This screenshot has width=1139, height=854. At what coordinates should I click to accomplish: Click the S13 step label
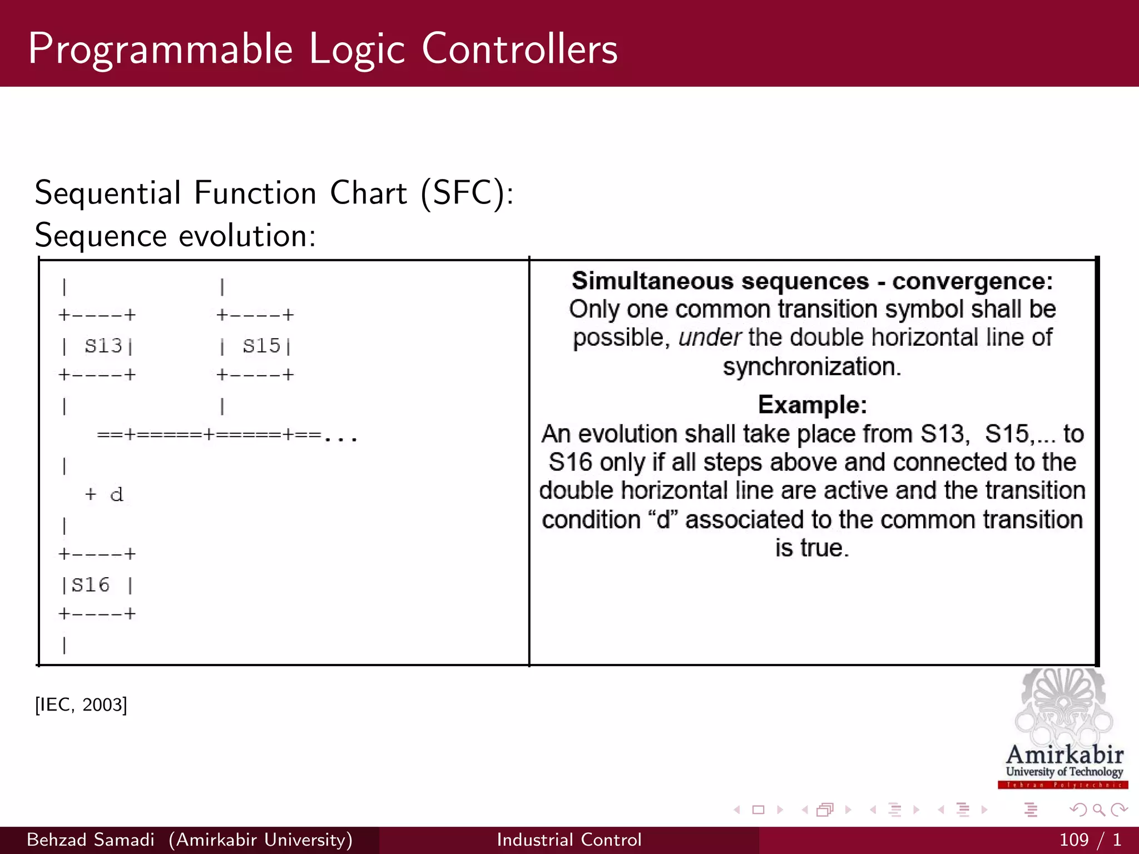tap(103, 346)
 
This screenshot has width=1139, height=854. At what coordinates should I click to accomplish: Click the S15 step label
tap(261, 346)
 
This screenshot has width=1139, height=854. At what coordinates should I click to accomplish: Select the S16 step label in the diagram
tap(91, 585)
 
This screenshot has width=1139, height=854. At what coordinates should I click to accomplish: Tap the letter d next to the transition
tap(116, 494)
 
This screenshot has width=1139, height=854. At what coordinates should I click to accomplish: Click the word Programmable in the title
tap(160, 50)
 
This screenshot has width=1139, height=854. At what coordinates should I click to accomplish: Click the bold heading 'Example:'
tap(812, 405)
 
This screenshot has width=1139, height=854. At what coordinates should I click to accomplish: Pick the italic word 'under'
tap(709, 337)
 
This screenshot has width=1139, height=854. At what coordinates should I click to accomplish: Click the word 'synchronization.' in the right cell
tap(811, 367)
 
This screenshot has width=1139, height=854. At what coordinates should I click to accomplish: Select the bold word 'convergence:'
tap(972, 281)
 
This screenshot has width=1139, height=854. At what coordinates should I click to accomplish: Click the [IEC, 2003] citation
tap(81, 705)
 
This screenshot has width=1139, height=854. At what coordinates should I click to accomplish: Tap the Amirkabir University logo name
tap(1064, 755)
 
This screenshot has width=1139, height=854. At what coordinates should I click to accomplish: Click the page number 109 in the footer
tap(1073, 840)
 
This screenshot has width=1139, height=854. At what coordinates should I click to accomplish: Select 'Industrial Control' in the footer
tap(569, 840)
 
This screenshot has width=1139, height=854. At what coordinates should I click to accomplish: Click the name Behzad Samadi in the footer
tap(91, 840)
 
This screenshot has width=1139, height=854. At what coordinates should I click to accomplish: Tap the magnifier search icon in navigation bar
tap(1098, 810)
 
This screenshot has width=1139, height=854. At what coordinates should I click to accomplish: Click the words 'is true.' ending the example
tap(812, 548)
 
